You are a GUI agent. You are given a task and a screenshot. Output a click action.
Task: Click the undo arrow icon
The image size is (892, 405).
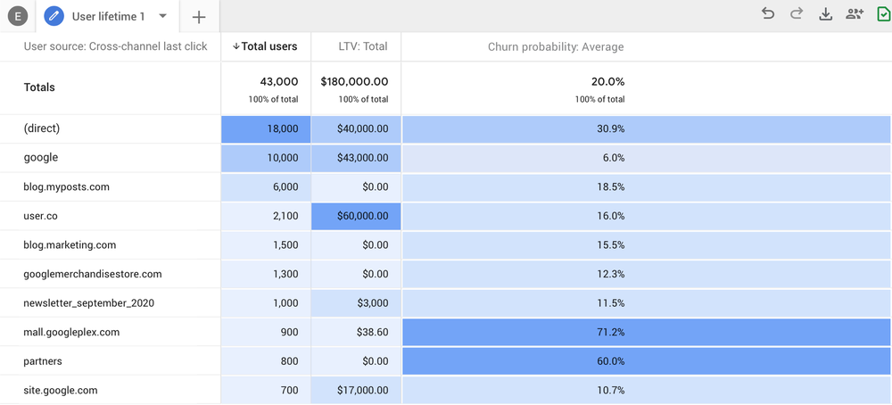click(x=768, y=13)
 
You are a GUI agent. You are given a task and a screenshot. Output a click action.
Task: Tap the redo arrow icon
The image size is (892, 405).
click(x=797, y=13)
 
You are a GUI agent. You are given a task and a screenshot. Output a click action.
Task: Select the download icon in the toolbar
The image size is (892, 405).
click(x=825, y=13)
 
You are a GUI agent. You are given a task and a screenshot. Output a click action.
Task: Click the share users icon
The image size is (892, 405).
click(x=855, y=13)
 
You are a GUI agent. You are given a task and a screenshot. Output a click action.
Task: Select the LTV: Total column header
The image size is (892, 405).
click(x=356, y=46)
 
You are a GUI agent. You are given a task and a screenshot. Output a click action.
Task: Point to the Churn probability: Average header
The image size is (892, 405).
click(x=556, y=46)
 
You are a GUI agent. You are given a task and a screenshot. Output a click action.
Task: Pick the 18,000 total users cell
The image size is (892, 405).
click(x=266, y=128)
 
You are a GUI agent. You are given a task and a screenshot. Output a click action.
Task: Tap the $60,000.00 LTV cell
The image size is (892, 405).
click(x=356, y=216)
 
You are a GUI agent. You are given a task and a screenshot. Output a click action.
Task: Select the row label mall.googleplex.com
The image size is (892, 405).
click(x=71, y=332)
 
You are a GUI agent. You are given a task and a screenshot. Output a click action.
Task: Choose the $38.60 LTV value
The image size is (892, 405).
click(x=356, y=332)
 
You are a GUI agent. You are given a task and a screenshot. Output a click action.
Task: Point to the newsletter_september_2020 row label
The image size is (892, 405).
click(x=88, y=303)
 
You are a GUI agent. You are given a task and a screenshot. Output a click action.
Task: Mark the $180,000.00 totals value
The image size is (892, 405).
click(x=356, y=81)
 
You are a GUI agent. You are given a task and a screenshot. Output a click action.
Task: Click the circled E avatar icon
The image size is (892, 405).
click(x=17, y=16)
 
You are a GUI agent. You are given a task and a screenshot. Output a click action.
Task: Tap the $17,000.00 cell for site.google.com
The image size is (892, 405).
click(x=356, y=390)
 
